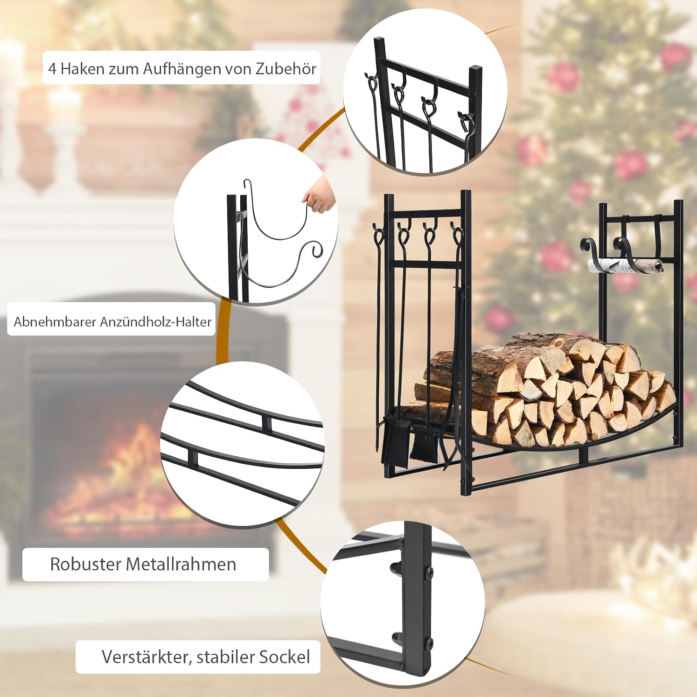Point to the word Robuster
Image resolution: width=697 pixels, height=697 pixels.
tap(86, 564)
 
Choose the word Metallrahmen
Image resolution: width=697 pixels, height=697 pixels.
tap(181, 564)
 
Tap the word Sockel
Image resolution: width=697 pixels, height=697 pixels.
tap(284, 657)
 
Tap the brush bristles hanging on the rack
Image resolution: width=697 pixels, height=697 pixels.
tap(423, 445)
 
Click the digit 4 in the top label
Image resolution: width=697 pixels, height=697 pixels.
tap(53, 69)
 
